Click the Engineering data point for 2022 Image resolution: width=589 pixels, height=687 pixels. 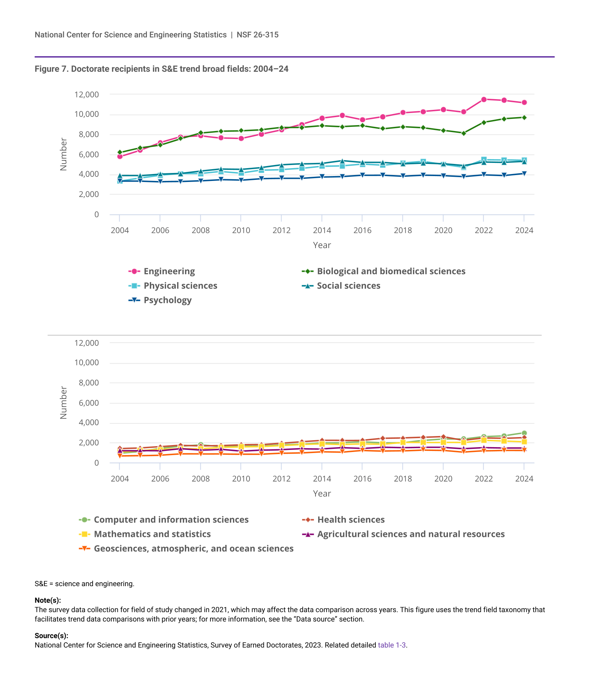[x=484, y=99]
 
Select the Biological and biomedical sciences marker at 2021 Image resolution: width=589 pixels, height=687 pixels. [x=464, y=133]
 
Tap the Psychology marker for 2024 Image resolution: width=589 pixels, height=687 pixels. [x=524, y=173]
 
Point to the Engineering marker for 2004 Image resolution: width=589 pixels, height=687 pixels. [x=120, y=156]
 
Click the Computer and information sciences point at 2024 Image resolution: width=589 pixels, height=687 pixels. [x=524, y=433]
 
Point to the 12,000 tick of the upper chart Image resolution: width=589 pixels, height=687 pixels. [x=87, y=95]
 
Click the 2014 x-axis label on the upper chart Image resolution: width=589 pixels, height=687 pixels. [x=322, y=231]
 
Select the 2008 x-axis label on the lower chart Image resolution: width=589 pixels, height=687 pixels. [x=200, y=479]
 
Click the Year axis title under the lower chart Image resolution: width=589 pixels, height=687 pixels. [x=322, y=494]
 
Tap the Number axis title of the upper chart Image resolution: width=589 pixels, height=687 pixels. [x=63, y=154]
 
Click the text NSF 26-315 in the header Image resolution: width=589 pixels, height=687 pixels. [x=258, y=35]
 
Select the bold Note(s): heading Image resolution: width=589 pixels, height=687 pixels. [x=48, y=600]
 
